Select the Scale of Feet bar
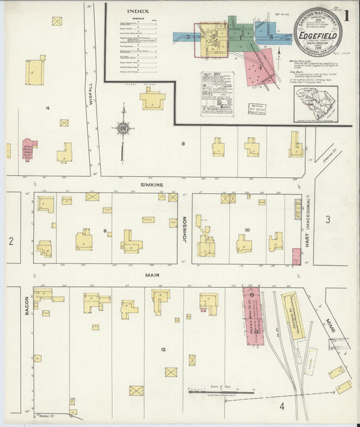coord(221,390)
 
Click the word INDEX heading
coord(138,11)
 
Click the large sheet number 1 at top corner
coord(346,14)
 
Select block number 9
coord(105,232)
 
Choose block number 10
coord(247,230)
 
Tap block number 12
coord(163,349)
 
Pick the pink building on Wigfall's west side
coord(29,149)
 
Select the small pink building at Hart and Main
coord(297,257)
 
